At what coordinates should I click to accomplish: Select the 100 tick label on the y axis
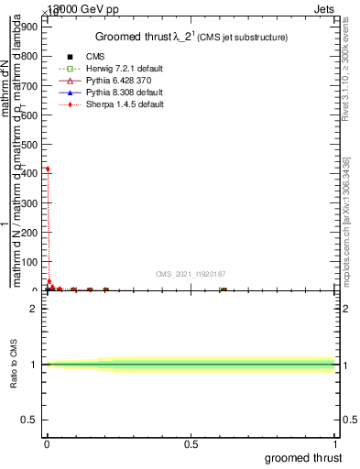(x=30, y=260)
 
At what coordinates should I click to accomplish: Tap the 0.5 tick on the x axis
(x=191, y=443)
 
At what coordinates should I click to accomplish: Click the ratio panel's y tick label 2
(x=34, y=309)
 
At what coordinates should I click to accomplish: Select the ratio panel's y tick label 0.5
(x=30, y=421)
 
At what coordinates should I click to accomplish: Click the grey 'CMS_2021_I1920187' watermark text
(x=190, y=274)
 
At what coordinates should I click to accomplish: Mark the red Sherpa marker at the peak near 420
(x=48, y=169)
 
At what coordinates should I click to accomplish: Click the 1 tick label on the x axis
(x=336, y=443)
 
